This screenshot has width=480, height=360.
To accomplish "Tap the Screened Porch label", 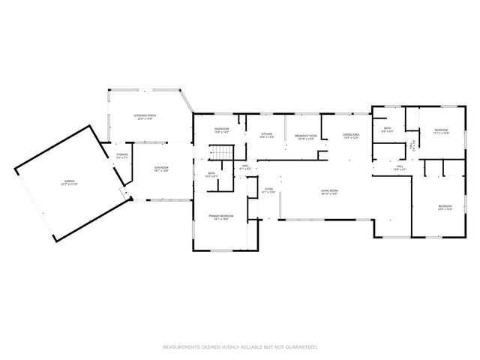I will [144, 117].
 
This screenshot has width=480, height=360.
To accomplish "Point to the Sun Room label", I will [160, 169].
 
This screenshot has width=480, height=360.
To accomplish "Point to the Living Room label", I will [329, 192].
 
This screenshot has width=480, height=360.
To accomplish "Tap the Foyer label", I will [268, 190].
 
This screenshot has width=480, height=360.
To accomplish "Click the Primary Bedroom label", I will [219, 217].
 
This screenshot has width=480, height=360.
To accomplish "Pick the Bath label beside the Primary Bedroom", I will [212, 175].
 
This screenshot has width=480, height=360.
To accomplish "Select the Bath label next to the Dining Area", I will [387, 130].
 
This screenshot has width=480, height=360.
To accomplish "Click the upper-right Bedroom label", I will [440, 132].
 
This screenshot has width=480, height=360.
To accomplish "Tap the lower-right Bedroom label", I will [445, 207].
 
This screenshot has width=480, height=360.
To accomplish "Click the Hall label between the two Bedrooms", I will [400, 167].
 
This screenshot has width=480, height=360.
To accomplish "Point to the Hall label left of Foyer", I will [245, 168].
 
